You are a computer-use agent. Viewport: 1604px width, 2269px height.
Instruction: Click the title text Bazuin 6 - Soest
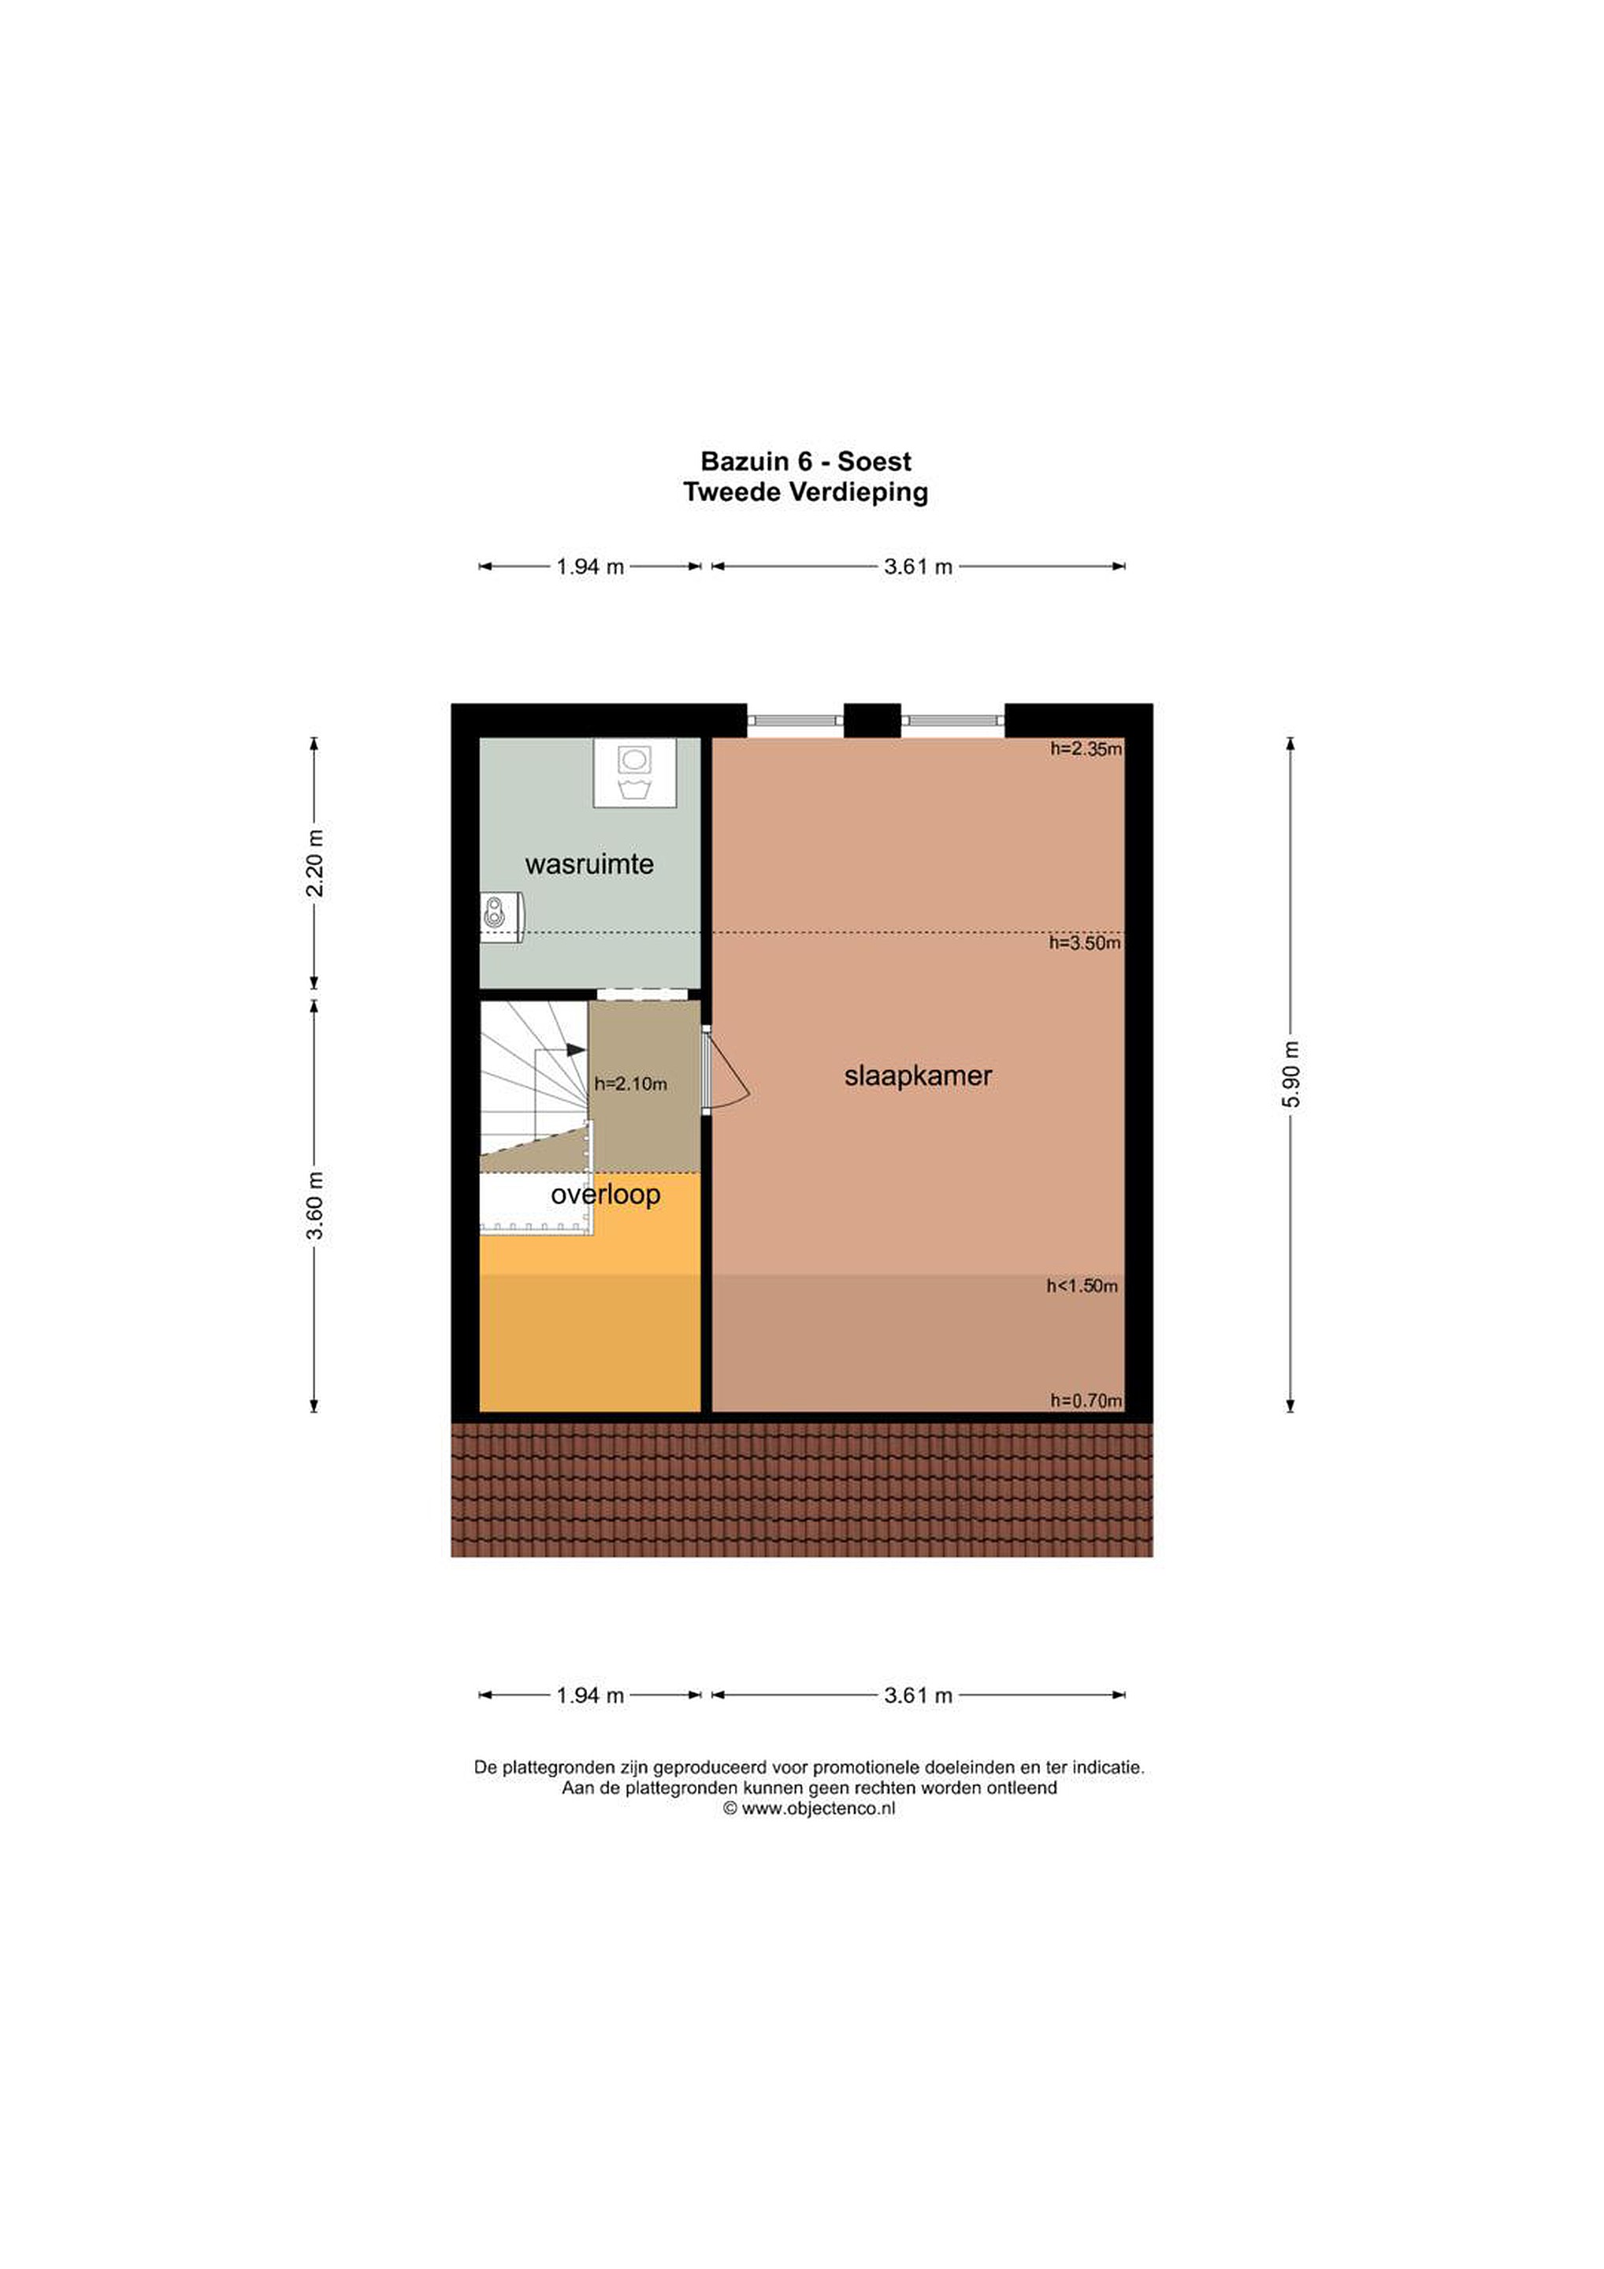[805, 462]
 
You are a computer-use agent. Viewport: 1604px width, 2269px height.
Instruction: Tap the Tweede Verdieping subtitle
[805, 492]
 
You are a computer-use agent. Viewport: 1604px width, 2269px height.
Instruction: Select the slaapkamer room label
[918, 1075]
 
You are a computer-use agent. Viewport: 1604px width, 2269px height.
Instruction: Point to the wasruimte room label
[589, 865]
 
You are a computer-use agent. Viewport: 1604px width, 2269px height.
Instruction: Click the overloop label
[605, 1195]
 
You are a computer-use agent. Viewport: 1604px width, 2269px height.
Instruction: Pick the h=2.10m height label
[630, 1084]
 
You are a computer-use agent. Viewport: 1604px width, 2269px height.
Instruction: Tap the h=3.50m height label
[1085, 944]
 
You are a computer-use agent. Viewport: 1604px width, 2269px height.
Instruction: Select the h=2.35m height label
[1086, 749]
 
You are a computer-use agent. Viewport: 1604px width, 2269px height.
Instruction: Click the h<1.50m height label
[1082, 1287]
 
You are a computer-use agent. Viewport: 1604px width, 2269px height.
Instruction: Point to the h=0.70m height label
[1086, 1400]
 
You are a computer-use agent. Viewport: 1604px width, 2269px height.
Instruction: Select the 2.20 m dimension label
[315, 863]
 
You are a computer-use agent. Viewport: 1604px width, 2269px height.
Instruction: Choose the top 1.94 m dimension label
[590, 567]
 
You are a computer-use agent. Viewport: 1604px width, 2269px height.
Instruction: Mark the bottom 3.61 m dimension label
[918, 1695]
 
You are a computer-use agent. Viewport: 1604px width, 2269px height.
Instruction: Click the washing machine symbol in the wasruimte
[634, 773]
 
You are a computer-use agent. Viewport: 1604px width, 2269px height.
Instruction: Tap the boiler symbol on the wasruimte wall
[500, 917]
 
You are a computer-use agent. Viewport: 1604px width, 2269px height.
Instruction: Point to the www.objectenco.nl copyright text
[808, 1810]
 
